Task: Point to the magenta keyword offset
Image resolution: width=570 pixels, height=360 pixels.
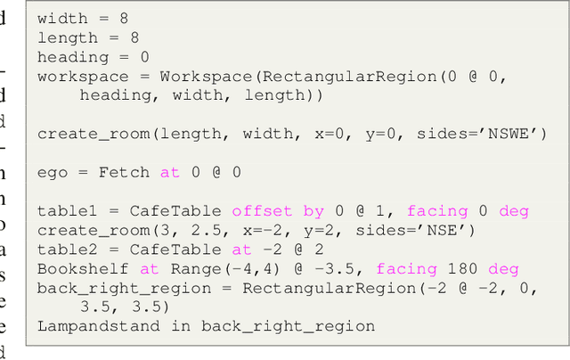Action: [x=263, y=211]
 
